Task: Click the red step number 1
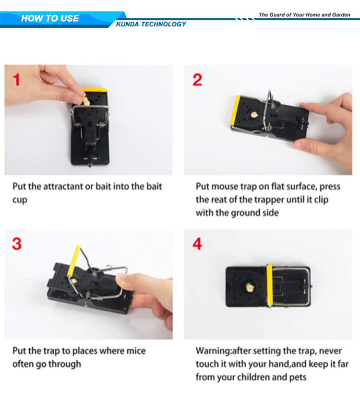pos(16,80)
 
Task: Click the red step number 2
pos(197,80)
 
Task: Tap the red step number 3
pos(17,244)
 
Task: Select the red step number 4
pos(197,244)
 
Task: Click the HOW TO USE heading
pos(50,18)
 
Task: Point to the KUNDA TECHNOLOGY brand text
pos(151,24)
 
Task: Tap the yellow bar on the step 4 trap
pos(269,286)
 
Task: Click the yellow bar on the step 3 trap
pos(73,261)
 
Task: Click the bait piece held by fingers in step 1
pos(85,101)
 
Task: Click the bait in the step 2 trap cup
pos(254,115)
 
